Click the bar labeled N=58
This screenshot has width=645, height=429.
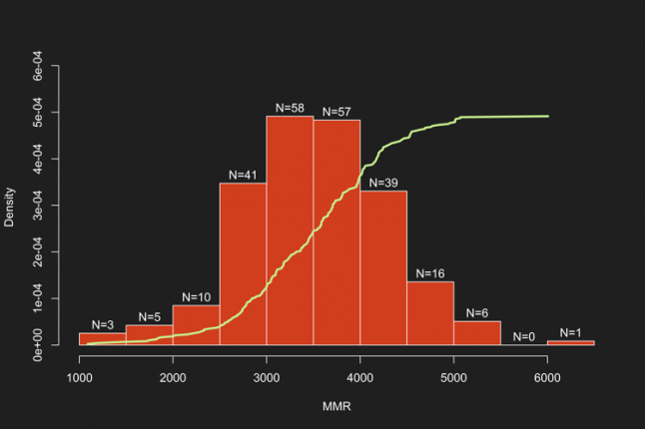click(x=290, y=229)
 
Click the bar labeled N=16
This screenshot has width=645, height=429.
click(x=430, y=313)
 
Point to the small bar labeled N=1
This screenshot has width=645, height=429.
click(x=570, y=342)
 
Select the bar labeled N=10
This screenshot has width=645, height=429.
click(x=196, y=325)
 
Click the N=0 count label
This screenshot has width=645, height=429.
click(x=524, y=337)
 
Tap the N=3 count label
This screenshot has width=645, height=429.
click(x=103, y=324)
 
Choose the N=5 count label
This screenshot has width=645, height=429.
click(x=150, y=317)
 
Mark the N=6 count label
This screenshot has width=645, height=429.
click(x=477, y=312)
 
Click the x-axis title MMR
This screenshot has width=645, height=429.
click(x=335, y=407)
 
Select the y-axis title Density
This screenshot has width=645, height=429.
click(x=10, y=208)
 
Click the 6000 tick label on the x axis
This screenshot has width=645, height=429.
click(x=547, y=377)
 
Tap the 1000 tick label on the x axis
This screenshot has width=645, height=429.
click(x=79, y=377)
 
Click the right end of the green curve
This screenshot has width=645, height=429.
click(x=548, y=116)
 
